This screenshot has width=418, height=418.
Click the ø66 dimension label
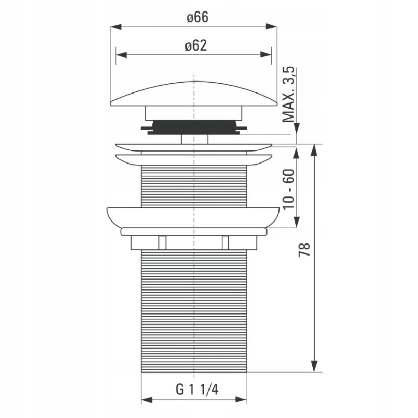[198, 17]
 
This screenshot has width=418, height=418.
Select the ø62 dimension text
[196, 45]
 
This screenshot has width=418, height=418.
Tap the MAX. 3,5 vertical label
[288, 95]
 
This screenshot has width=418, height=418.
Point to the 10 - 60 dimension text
[288, 189]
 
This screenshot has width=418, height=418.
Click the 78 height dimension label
[305, 250]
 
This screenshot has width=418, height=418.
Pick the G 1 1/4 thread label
[197, 389]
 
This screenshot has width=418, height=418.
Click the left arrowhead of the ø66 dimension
[115, 27]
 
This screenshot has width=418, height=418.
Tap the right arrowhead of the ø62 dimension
[266, 55]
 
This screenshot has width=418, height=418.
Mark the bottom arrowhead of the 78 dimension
[315, 367]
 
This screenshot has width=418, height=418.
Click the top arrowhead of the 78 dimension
[315, 150]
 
